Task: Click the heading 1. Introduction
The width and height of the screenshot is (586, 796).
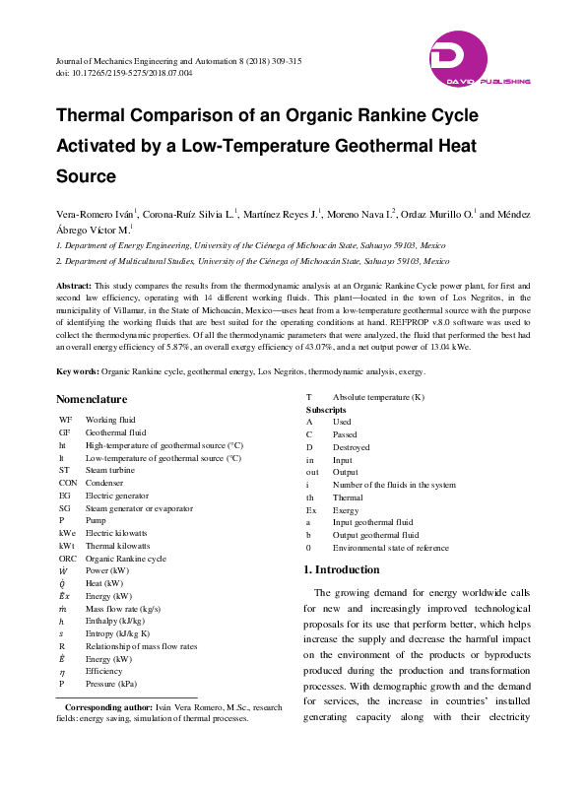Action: pos(340,569)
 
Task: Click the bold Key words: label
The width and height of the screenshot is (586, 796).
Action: pos(77,372)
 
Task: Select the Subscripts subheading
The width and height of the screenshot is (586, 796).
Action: pos(326,409)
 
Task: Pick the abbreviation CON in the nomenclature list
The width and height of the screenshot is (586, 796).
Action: pos(68,483)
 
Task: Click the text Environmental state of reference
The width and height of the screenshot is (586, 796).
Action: pos(390,548)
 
